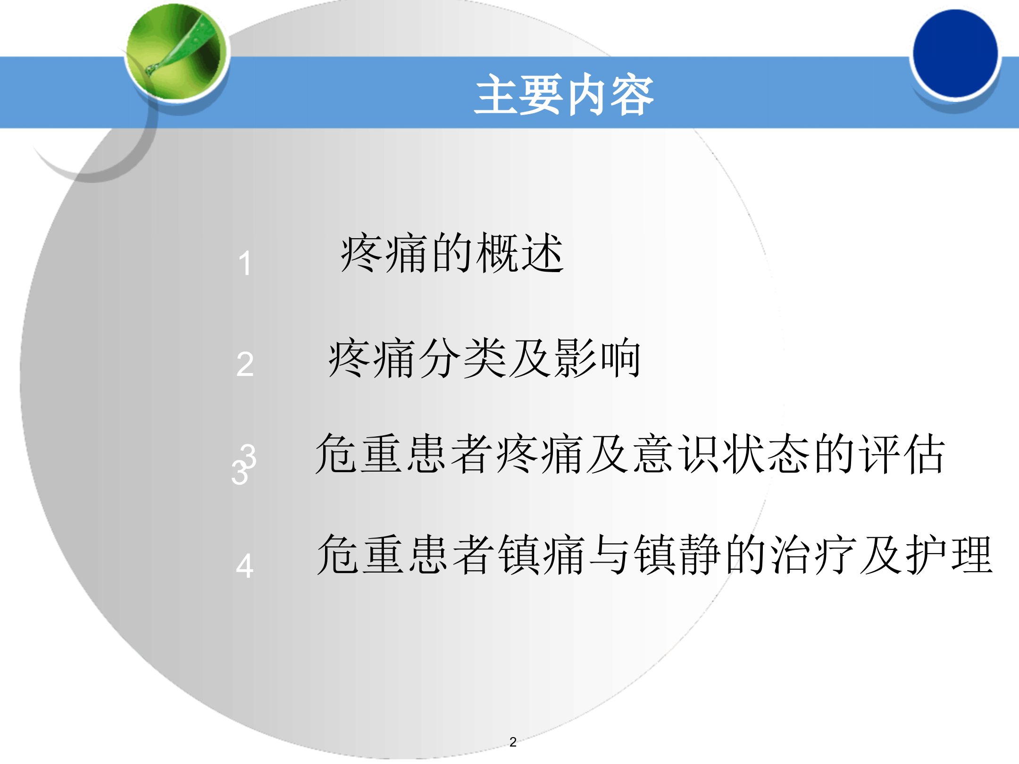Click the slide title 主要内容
(564, 94)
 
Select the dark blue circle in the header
(955, 53)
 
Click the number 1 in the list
(245, 263)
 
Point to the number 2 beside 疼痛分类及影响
(245, 365)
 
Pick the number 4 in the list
(244, 566)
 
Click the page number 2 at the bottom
(513, 742)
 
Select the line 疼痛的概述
(452, 253)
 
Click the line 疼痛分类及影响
(484, 358)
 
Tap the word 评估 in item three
(902, 454)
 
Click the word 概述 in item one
(520, 253)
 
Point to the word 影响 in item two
(598, 358)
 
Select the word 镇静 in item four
(677, 555)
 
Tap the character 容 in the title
(633, 94)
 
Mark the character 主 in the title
(496, 94)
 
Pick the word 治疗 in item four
(813, 555)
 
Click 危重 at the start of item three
(359, 454)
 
